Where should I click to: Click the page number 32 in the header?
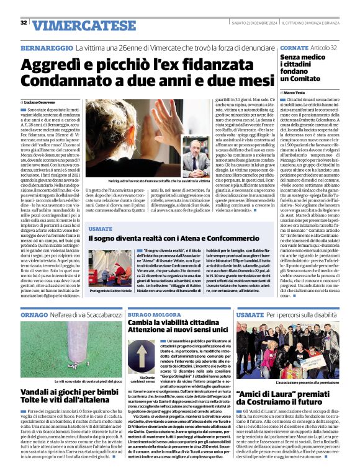pos(23,22)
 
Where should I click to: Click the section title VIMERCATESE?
pos(75,25)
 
